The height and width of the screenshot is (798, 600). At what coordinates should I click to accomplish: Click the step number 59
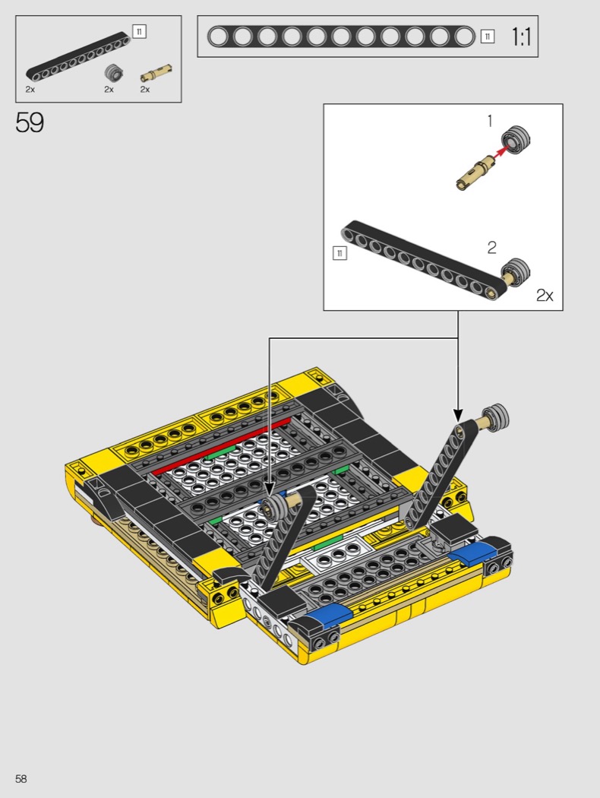pyautogui.click(x=30, y=122)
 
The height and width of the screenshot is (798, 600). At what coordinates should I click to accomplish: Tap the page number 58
pyautogui.click(x=21, y=779)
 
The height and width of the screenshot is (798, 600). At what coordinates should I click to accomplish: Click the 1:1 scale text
pyautogui.click(x=521, y=36)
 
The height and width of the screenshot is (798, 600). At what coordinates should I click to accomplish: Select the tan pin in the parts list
pyautogui.click(x=156, y=74)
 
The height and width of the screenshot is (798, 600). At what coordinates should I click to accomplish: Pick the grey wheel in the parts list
pyautogui.click(x=114, y=73)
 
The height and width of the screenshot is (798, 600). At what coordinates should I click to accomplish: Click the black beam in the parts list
pyautogui.click(x=78, y=57)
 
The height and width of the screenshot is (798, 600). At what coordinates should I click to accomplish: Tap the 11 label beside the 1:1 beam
pyautogui.click(x=487, y=36)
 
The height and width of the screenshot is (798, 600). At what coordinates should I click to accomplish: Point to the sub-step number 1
pyautogui.click(x=490, y=121)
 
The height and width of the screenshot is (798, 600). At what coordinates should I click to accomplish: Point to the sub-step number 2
pyautogui.click(x=491, y=247)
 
